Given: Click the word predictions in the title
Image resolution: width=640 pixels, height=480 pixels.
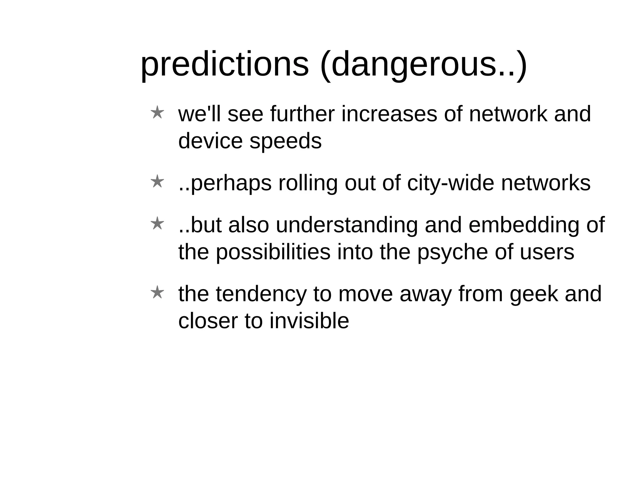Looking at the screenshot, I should point(225,65).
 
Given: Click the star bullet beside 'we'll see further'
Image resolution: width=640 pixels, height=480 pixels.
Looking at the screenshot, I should point(157,113).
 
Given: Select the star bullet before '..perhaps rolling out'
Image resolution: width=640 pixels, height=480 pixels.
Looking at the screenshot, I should point(157,182).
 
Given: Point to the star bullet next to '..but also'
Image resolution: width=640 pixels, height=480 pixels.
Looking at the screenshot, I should point(157,224).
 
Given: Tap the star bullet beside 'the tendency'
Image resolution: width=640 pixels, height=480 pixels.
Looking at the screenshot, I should point(157,293).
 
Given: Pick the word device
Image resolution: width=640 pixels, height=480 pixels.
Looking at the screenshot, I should point(210,141).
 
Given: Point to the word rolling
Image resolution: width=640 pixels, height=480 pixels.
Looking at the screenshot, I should point(308,183).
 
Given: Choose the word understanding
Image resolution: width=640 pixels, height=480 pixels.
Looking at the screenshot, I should point(347,226).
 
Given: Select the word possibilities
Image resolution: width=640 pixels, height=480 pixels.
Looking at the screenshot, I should point(273,252).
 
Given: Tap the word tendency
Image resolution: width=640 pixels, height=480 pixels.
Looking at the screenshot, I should point(261,295).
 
